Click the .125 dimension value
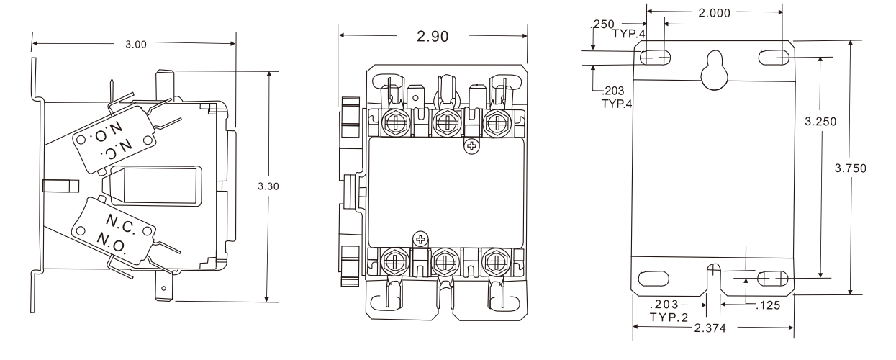769,305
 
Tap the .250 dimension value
601,24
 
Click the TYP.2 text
669,317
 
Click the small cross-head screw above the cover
472,147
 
